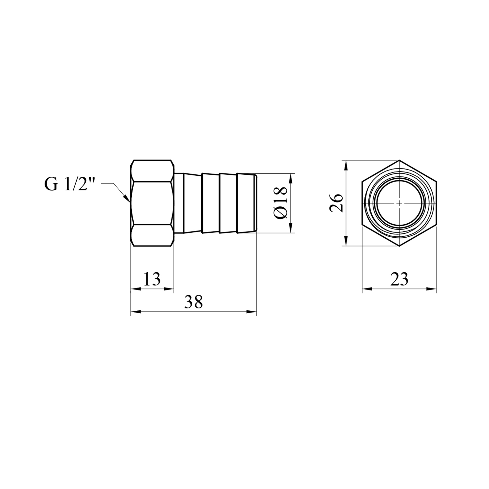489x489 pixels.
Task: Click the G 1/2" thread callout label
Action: [x=69, y=184]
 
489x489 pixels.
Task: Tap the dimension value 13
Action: [x=152, y=279]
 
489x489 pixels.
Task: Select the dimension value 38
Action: [x=193, y=302]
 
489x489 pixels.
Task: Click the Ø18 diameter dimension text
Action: [x=281, y=203]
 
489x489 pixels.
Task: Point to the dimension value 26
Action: [x=336, y=203]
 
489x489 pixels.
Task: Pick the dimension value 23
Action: [x=399, y=279]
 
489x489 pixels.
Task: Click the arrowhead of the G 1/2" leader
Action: [x=127, y=199]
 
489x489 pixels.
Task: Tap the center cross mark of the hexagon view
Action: [x=399, y=203]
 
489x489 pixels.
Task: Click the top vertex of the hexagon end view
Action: [x=399, y=160]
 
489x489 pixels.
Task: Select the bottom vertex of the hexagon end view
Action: [x=399, y=246]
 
